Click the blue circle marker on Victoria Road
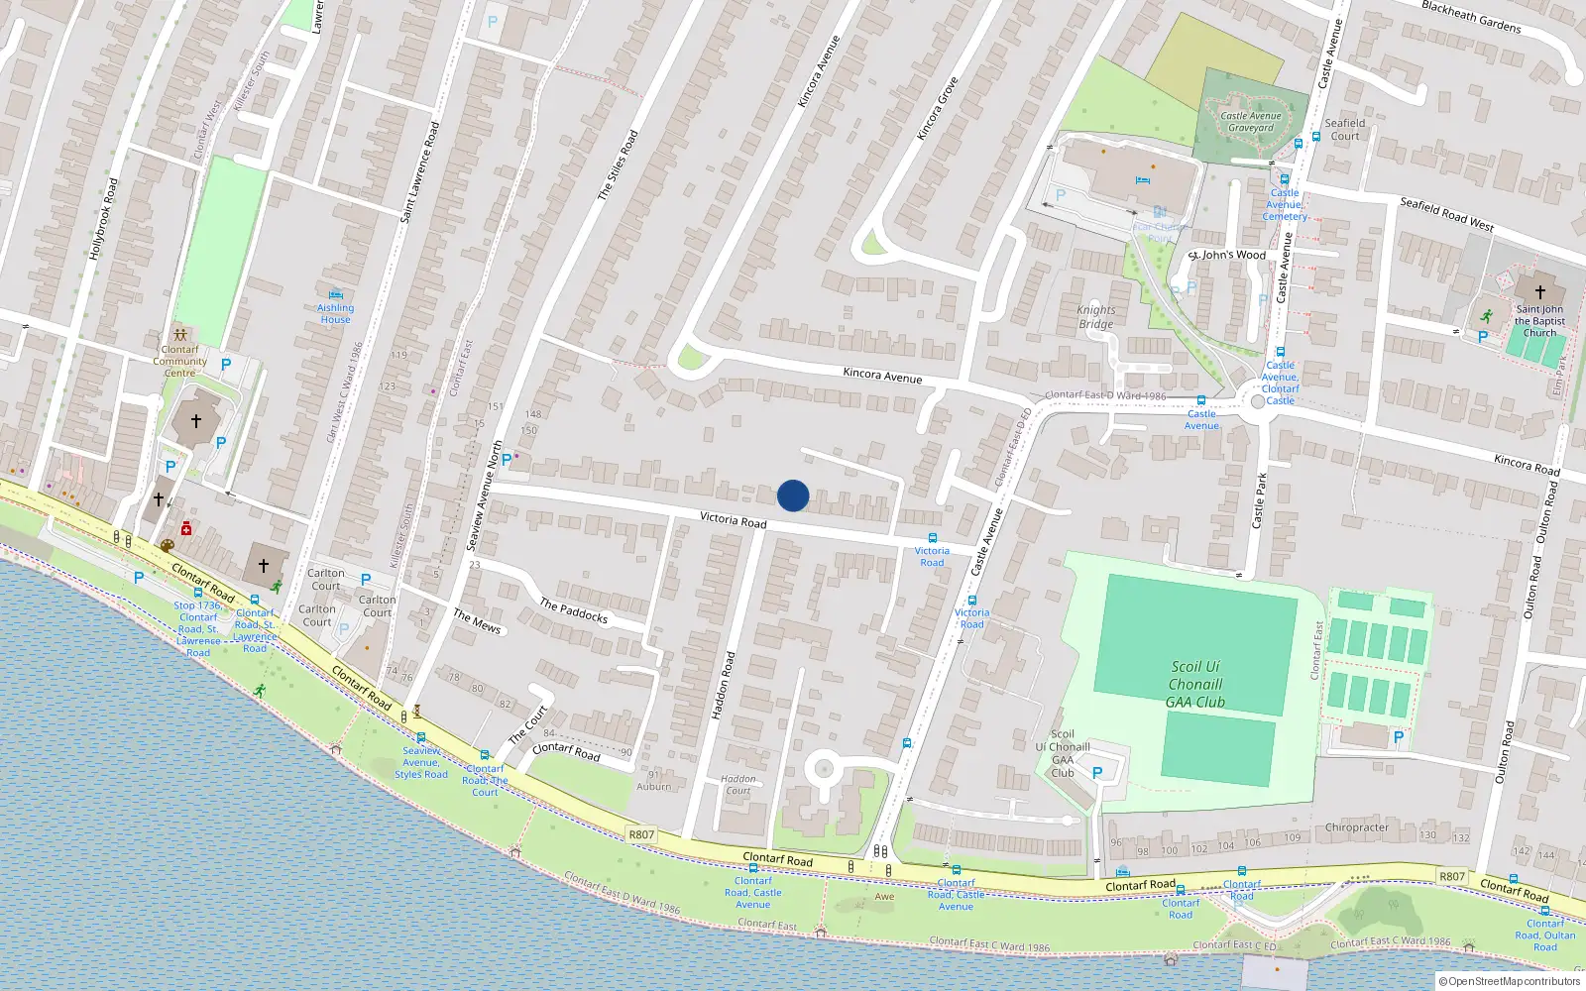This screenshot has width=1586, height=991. tap(793, 495)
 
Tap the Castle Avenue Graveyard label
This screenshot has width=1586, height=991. tap(1251, 122)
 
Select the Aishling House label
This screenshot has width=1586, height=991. tap(335, 313)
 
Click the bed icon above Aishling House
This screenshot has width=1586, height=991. tap(335, 294)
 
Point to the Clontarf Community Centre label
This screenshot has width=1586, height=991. tap(179, 361)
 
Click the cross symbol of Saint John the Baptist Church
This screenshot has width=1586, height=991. tap(1539, 292)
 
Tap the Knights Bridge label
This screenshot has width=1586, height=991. tap(1095, 317)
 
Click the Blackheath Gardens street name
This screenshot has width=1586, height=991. tap(1471, 17)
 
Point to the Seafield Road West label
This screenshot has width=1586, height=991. tap(1446, 214)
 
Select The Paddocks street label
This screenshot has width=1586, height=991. tap(573, 610)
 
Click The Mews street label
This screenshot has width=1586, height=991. tap(477, 621)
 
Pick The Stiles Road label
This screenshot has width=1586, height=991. tap(618, 165)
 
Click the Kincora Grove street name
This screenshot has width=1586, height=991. tap(937, 108)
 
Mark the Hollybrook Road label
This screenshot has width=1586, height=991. tap(103, 219)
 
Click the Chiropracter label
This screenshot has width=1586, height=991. tap(1356, 827)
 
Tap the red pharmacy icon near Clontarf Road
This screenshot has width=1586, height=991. tap(185, 529)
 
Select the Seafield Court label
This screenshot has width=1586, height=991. tap(1344, 130)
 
